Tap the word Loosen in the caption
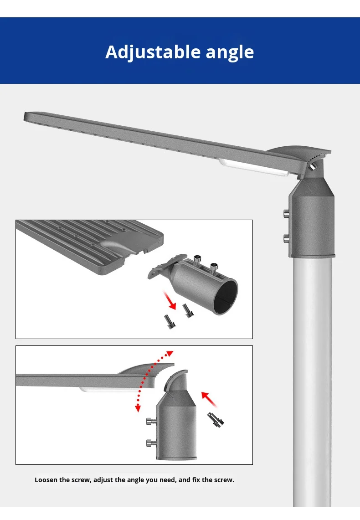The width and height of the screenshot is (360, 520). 46,480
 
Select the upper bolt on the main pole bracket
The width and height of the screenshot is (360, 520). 287,213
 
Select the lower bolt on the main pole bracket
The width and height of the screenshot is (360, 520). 287,238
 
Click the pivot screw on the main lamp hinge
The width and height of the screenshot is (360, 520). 312,167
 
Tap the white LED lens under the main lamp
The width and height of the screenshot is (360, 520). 253,167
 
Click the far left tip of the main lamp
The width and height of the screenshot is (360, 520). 24,117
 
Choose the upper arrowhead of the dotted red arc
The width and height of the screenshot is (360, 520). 170,353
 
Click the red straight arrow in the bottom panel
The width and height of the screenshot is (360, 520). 209,399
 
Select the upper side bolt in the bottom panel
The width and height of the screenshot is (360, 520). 151,422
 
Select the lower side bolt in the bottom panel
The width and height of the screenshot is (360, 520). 151,443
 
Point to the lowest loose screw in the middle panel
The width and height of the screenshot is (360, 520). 170,322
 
